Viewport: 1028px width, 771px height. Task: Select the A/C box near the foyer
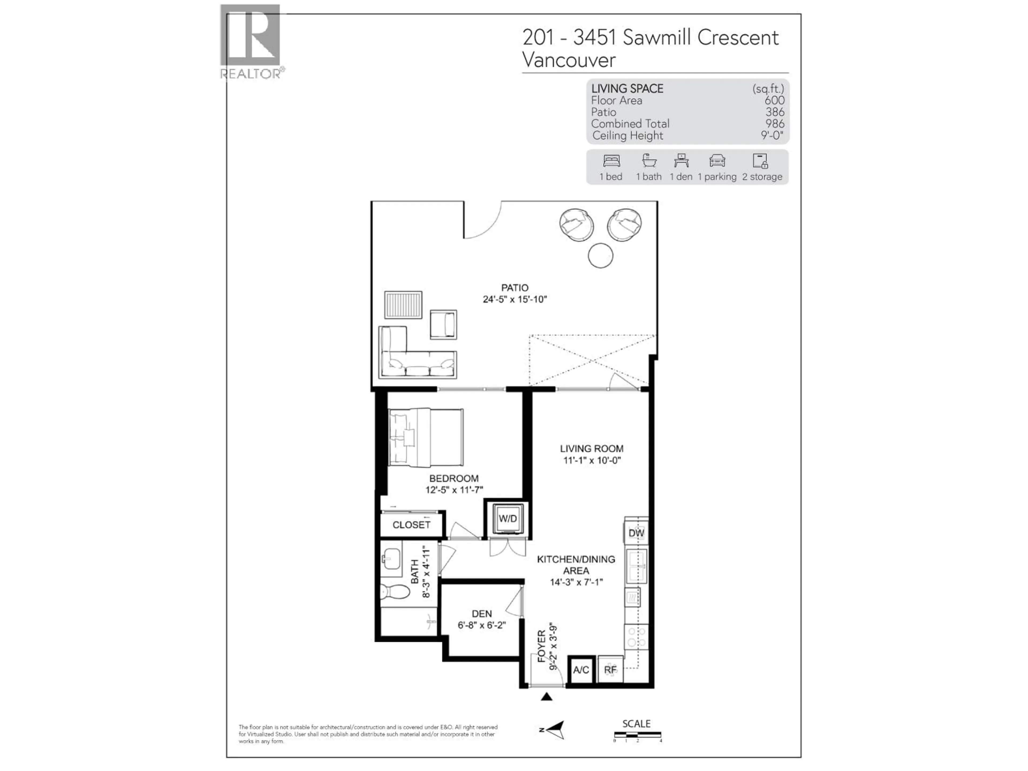coord(581,670)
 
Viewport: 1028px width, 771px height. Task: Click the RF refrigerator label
coord(610,670)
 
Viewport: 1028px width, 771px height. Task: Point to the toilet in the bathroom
coord(395,592)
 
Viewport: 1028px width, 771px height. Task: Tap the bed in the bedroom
coord(426,437)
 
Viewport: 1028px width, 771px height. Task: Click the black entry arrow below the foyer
coord(547,696)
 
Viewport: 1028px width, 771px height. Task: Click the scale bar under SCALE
coord(637,735)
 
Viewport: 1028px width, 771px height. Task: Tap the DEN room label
coord(481,614)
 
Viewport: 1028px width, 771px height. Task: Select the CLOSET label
coord(411,525)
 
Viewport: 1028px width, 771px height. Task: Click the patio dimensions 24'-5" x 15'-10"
coord(515,299)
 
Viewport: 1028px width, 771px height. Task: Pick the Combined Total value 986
coord(775,124)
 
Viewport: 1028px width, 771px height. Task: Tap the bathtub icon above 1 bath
coord(649,161)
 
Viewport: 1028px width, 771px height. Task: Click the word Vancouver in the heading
coord(569,60)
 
